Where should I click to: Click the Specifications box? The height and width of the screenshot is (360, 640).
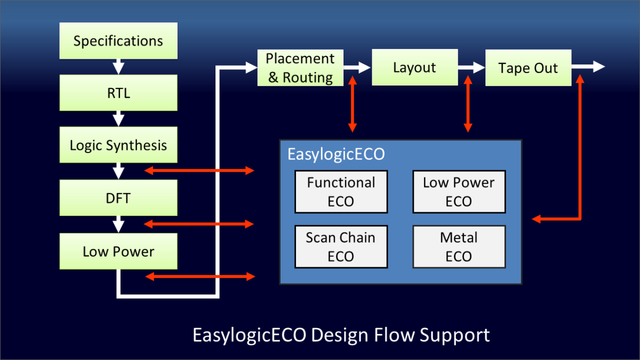point(118,41)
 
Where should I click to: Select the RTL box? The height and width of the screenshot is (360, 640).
point(118,93)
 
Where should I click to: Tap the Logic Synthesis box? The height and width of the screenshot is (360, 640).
point(118,145)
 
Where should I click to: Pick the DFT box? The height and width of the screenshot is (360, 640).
point(118,198)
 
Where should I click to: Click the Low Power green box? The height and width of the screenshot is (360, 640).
point(118,251)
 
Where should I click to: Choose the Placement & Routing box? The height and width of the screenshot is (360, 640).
point(300,68)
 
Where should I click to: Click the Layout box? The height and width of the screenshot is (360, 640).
point(414,68)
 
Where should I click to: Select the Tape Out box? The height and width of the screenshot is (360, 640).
point(528,68)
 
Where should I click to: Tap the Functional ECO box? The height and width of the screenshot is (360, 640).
point(341,191)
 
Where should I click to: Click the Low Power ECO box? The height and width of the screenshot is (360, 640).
point(459,191)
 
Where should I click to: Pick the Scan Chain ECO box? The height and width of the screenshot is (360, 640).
point(341,246)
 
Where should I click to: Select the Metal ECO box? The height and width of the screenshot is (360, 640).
point(459,246)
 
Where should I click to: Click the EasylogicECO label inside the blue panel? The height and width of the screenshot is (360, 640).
point(336,154)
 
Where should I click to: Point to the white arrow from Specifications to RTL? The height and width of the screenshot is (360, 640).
point(118,67)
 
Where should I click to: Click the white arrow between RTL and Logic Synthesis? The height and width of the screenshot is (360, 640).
point(118,118)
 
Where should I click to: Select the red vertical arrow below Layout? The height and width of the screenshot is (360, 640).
point(468,103)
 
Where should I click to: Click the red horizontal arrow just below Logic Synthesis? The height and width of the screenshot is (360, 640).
point(200,171)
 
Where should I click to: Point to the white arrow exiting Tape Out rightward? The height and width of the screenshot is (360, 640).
point(589,67)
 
